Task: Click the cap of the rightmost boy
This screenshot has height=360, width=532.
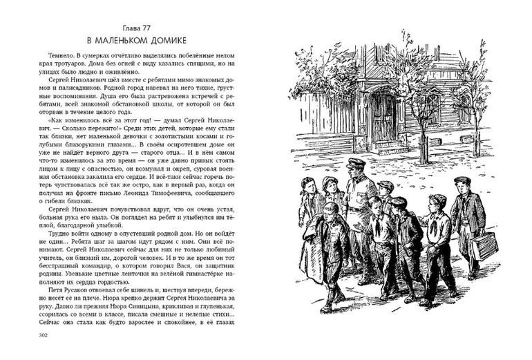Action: [x=463, y=181]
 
